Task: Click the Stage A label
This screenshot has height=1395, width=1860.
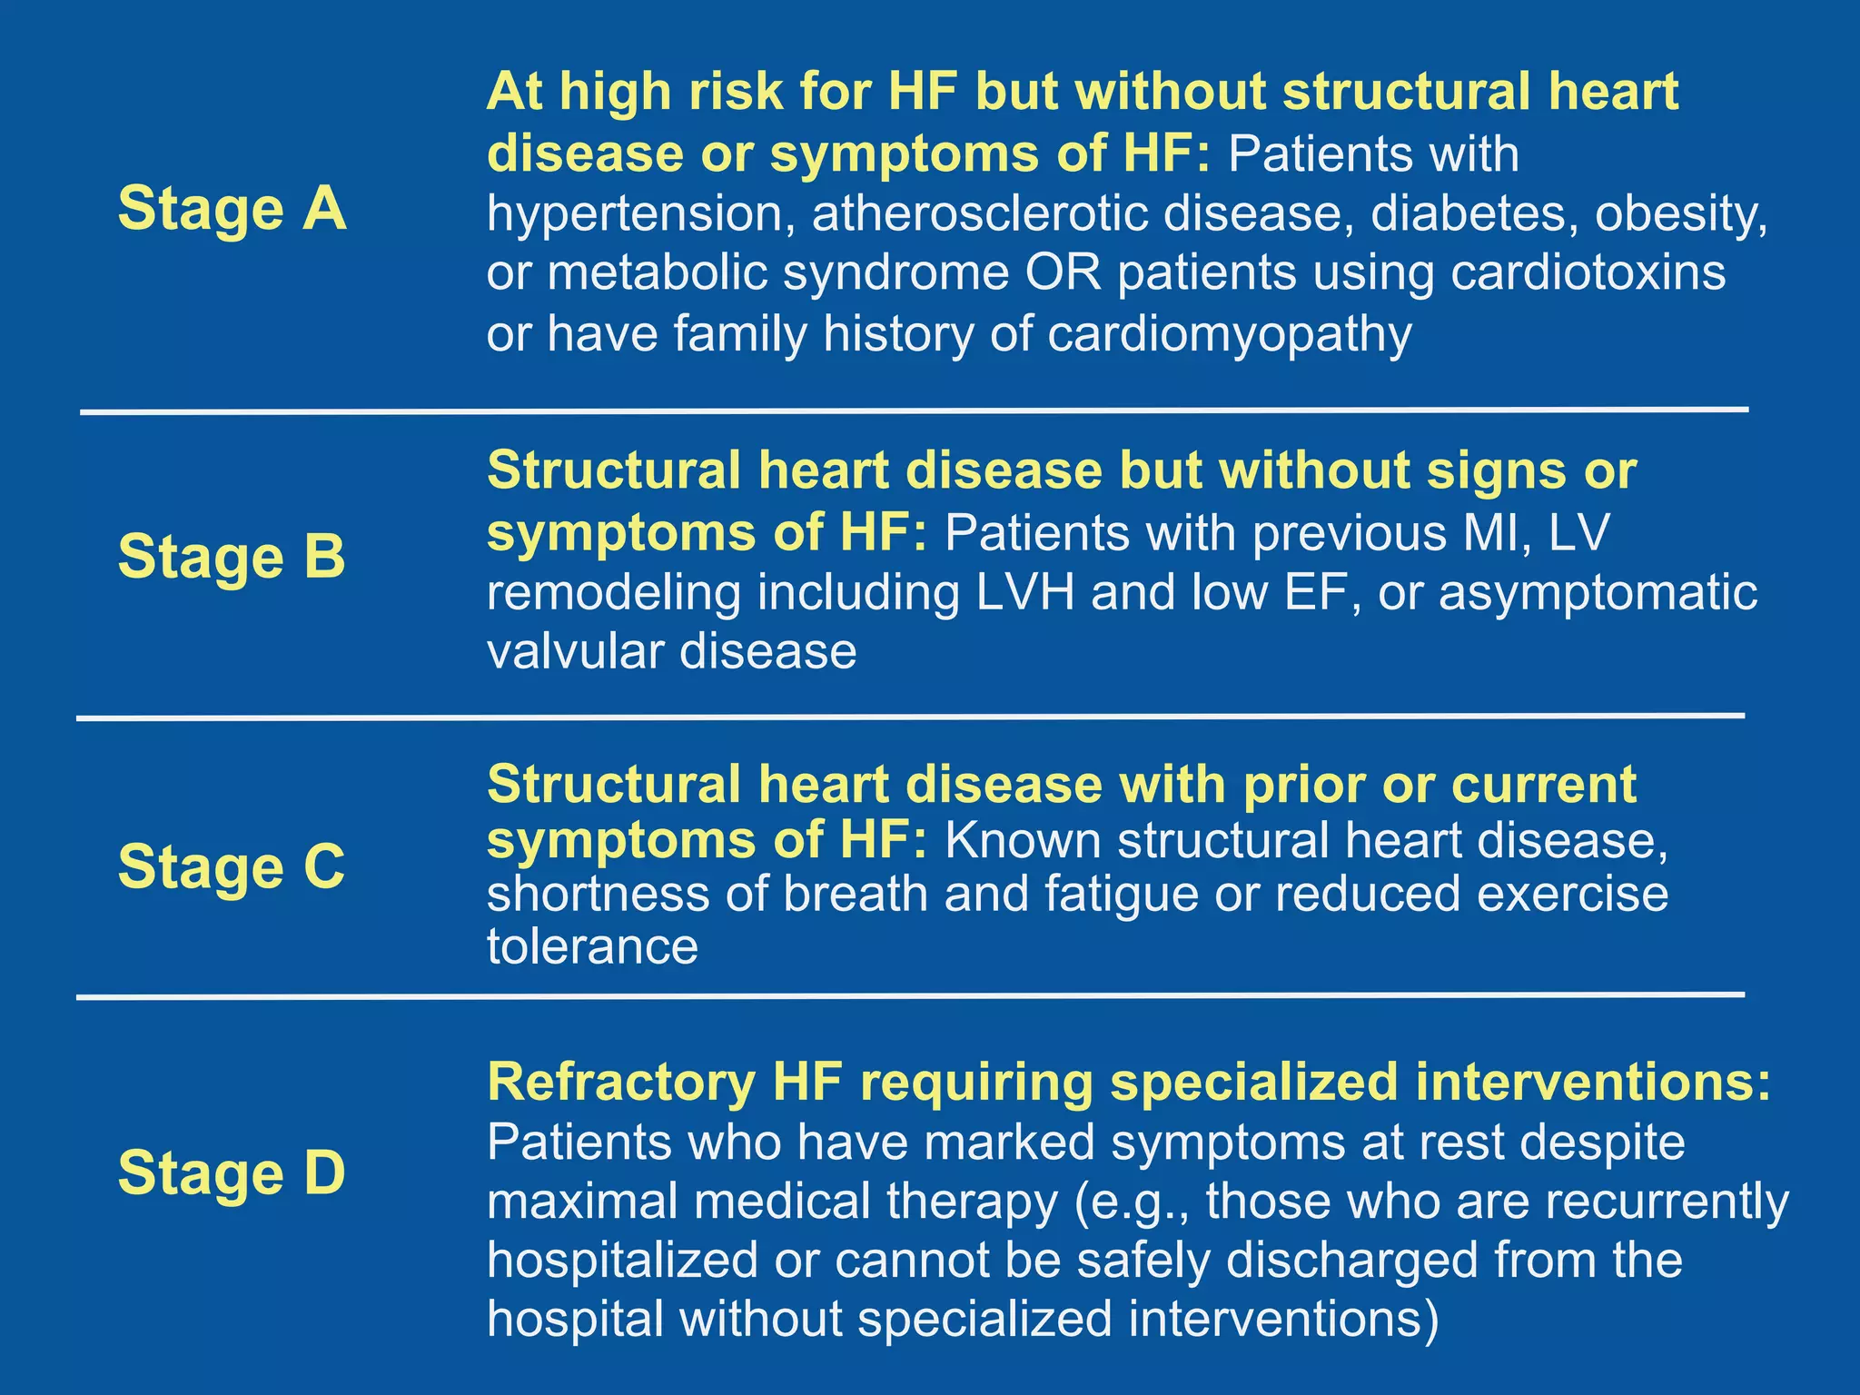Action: click(232, 208)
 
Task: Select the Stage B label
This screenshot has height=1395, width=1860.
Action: click(232, 556)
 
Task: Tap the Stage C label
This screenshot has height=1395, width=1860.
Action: click(232, 866)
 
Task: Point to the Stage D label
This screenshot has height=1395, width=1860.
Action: click(232, 1172)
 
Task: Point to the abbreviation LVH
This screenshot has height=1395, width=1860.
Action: click(1024, 592)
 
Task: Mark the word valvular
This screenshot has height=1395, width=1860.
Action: click(574, 651)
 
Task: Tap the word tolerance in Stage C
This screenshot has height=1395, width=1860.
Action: click(592, 946)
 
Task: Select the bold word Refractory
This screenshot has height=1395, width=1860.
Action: click(621, 1083)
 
